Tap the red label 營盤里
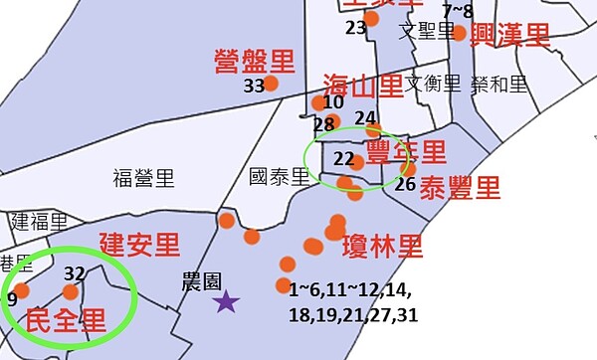(x=255, y=62)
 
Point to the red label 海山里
(x=363, y=86)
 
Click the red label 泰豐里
(x=460, y=187)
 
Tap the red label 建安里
(x=139, y=243)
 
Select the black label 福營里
(x=143, y=179)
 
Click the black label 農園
(x=202, y=279)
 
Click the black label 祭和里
(x=500, y=84)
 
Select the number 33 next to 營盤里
(x=254, y=86)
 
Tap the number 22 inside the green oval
(x=344, y=158)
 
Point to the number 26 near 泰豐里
(x=405, y=183)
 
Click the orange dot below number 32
(x=70, y=292)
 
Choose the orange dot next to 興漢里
(x=459, y=34)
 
